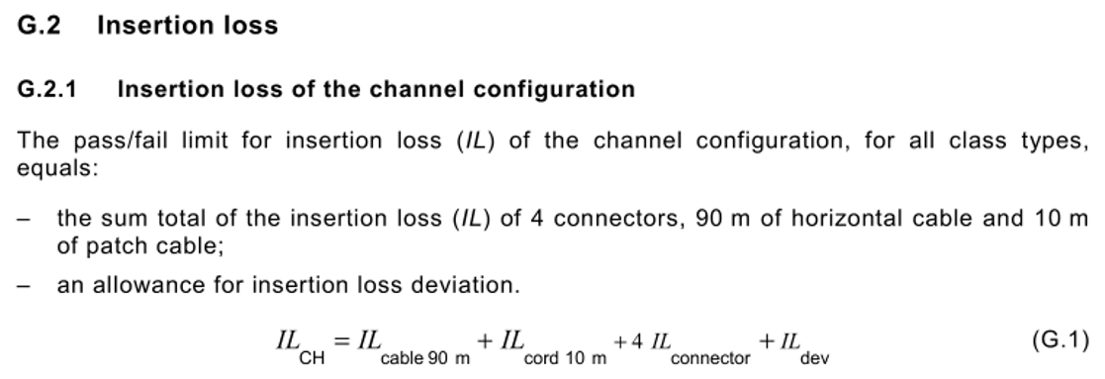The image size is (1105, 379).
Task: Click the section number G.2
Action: pyautogui.click(x=40, y=26)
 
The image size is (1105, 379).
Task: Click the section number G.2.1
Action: pyautogui.click(x=47, y=90)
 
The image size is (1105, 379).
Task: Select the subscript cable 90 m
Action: pyautogui.click(x=425, y=357)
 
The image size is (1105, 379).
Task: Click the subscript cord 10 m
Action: pyautogui.click(x=565, y=357)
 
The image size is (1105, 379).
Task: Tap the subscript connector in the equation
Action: pyautogui.click(x=710, y=357)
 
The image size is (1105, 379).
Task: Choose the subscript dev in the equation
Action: pyautogui.click(x=814, y=357)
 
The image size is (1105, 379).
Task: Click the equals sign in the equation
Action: pyautogui.click(x=341, y=341)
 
